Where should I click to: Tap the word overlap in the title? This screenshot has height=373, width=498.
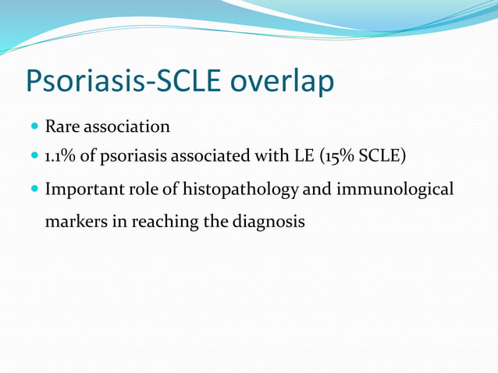pos(280,81)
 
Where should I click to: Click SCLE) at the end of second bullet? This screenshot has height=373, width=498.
pos(382,157)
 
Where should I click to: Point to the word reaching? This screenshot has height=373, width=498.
pos(165,222)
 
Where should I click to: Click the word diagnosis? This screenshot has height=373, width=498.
pos(268,222)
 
